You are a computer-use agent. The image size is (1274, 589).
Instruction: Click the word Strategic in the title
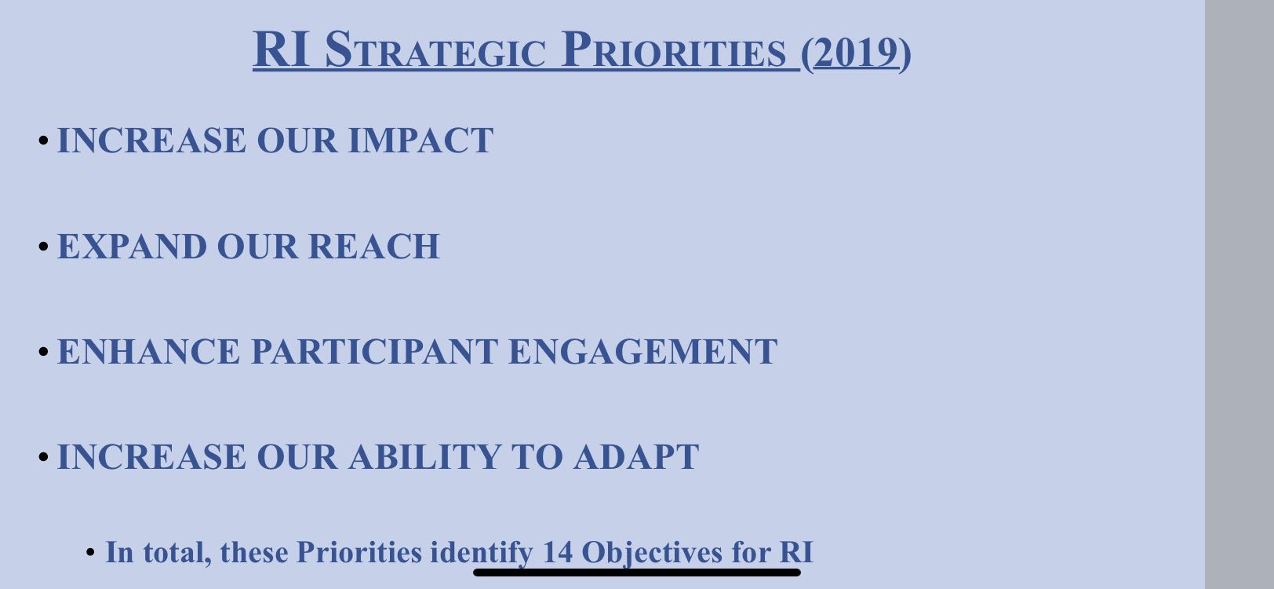coord(435,50)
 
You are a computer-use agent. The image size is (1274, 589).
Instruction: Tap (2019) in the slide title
coord(856,53)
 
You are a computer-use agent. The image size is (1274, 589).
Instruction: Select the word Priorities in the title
coord(673,50)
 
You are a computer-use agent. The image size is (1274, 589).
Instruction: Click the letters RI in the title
coord(282,50)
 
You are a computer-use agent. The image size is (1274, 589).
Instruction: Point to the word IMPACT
coord(420,140)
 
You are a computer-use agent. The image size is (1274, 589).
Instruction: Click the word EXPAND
coord(132,246)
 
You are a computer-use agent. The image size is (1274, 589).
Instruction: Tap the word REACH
coord(374,246)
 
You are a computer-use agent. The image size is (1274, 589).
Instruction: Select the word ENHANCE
coord(149,352)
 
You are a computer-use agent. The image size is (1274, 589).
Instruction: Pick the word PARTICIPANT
coord(375,352)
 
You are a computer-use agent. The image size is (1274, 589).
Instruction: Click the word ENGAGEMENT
coord(642,352)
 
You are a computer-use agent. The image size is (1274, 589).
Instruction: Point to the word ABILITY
coord(425,457)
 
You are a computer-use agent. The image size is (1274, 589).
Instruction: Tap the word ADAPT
coord(636,457)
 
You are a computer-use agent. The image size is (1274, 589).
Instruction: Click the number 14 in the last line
coord(557,552)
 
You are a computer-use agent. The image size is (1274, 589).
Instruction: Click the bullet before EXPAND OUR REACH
coord(44,246)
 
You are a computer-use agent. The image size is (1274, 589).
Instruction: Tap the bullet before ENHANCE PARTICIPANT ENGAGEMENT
coord(44,352)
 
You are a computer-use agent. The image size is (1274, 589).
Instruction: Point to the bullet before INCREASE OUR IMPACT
coord(44,140)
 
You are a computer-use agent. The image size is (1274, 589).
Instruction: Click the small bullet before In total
coord(90,552)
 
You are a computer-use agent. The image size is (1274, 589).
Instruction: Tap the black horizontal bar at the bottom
coord(637,573)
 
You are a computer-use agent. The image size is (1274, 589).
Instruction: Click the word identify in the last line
coord(482,553)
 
